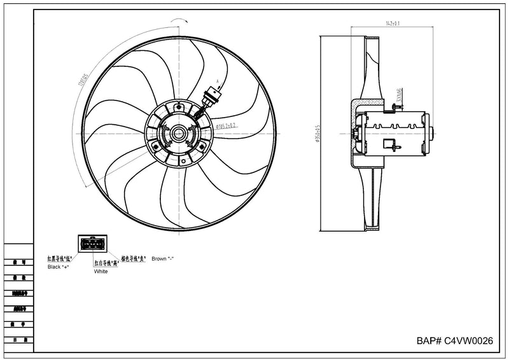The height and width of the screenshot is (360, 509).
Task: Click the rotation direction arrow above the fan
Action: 179,21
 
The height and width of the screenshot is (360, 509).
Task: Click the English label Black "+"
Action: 58,267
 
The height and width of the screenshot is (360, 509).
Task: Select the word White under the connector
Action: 101,272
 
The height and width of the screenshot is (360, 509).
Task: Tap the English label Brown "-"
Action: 164,259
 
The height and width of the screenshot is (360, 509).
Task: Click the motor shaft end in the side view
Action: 433,134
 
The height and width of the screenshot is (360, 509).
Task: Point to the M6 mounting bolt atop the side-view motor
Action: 394,108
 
